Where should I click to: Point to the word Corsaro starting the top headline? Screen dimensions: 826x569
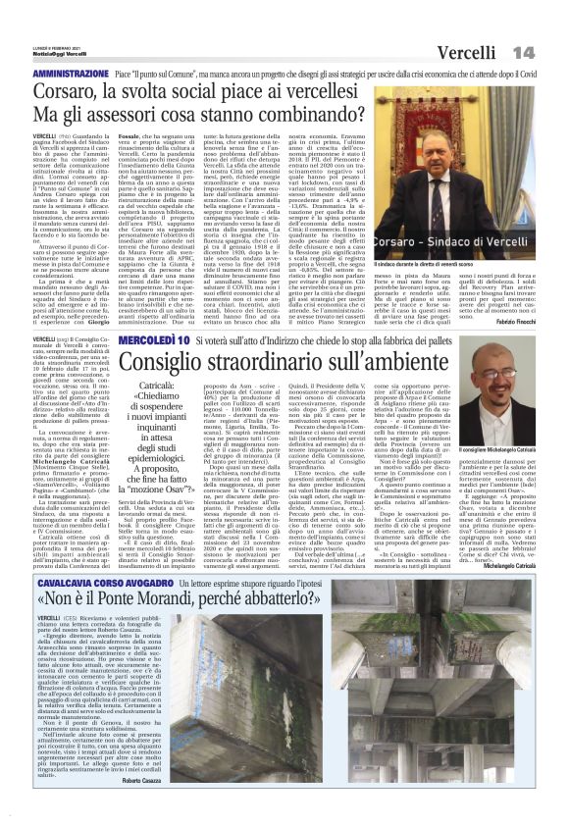(x=75, y=93)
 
